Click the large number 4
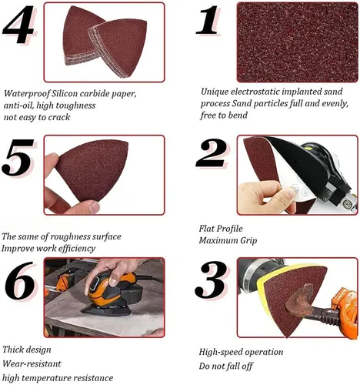click(x=18, y=25)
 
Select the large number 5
click(x=18, y=157)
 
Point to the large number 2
click(x=211, y=153)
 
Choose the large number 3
click(x=211, y=280)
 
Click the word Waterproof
click(x=27, y=93)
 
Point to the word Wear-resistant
click(x=32, y=363)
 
